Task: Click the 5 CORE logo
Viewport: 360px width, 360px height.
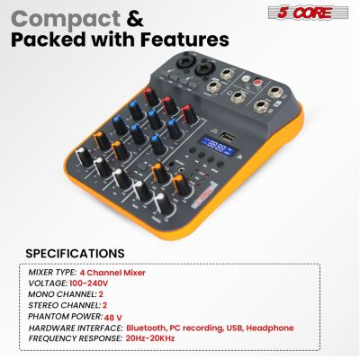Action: point(307,12)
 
